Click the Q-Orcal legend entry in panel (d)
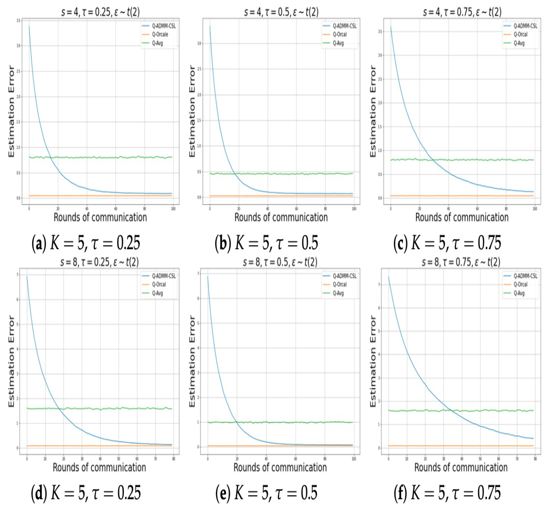[159, 284]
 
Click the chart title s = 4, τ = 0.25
[100, 12]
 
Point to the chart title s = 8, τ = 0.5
[280, 262]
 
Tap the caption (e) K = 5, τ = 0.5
[266, 493]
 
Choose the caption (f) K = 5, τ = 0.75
[447, 493]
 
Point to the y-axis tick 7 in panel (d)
[18, 275]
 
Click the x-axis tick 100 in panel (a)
[173, 209]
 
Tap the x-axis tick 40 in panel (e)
[266, 459]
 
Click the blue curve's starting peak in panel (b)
[210, 27]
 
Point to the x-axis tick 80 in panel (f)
[535, 459]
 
